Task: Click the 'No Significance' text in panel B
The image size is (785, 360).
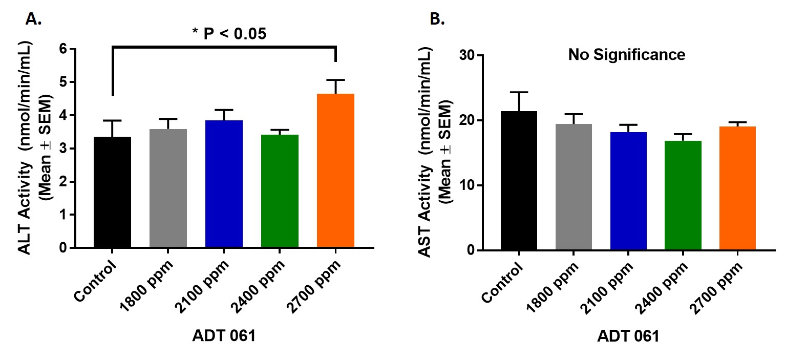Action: click(x=626, y=55)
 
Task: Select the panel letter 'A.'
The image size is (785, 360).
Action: click(x=33, y=19)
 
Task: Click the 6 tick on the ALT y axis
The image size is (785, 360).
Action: click(x=64, y=49)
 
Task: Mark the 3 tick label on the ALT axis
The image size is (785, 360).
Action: click(x=64, y=149)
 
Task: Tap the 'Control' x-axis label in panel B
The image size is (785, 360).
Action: click(x=503, y=281)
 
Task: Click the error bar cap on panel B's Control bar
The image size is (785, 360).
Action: click(x=519, y=92)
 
